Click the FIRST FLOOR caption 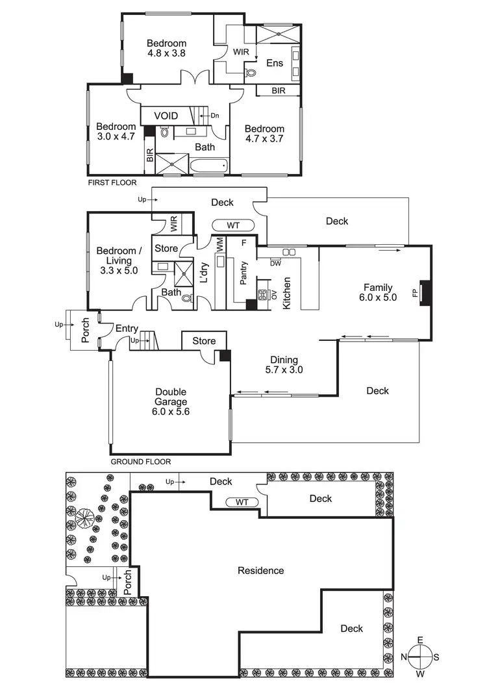click(x=112, y=183)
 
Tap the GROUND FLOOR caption click(x=140, y=462)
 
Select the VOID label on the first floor click(x=166, y=116)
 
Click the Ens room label click(x=274, y=63)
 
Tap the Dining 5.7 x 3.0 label click(x=284, y=365)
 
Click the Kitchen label click(x=287, y=293)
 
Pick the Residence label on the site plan click(x=260, y=571)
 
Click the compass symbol click(x=420, y=657)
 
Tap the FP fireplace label click(x=415, y=293)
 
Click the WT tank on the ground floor click(x=233, y=225)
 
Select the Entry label click(x=127, y=329)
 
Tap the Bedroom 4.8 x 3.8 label click(x=166, y=49)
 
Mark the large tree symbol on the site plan click(x=84, y=518)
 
